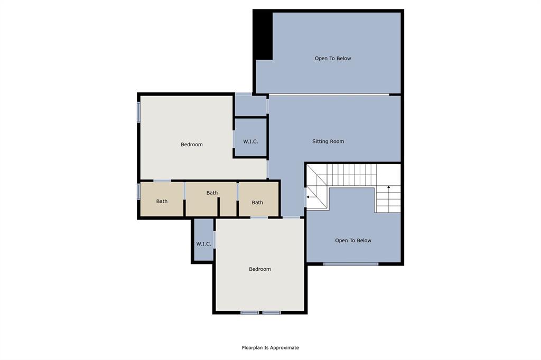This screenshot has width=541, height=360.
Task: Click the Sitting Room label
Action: click(x=328, y=141)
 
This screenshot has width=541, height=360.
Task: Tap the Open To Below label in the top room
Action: click(x=333, y=59)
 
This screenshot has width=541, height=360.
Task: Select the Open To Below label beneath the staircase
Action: click(x=353, y=241)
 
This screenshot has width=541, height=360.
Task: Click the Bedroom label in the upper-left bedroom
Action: click(x=192, y=145)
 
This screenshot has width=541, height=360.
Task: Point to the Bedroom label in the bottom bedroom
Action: click(x=260, y=269)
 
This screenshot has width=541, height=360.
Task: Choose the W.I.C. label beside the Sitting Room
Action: click(x=250, y=141)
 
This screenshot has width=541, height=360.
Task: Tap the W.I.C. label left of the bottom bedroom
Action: click(x=204, y=244)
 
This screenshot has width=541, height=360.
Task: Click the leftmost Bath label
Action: click(x=162, y=202)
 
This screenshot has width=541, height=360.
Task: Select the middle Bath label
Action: click(x=212, y=193)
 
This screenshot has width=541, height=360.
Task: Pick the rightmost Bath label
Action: click(x=257, y=203)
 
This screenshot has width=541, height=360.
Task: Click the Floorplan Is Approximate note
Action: click(x=270, y=348)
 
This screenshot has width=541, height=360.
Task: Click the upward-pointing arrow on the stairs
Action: click(x=389, y=188)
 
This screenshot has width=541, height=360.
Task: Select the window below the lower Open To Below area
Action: click(x=351, y=263)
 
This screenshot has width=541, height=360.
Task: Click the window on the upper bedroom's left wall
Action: click(x=139, y=112)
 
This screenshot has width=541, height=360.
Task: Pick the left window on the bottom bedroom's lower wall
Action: click(x=249, y=312)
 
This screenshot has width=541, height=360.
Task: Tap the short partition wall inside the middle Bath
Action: click(x=219, y=206)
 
